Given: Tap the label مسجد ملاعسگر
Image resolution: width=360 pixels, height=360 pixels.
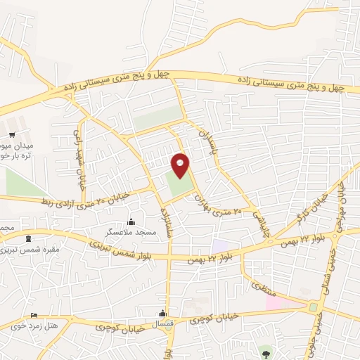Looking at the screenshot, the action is [131, 231].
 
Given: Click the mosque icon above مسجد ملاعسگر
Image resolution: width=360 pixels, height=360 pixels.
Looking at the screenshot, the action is [131, 221].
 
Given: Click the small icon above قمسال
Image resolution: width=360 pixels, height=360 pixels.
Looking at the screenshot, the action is [163, 314].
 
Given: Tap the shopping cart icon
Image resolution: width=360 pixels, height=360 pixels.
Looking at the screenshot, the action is [11, 134].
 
